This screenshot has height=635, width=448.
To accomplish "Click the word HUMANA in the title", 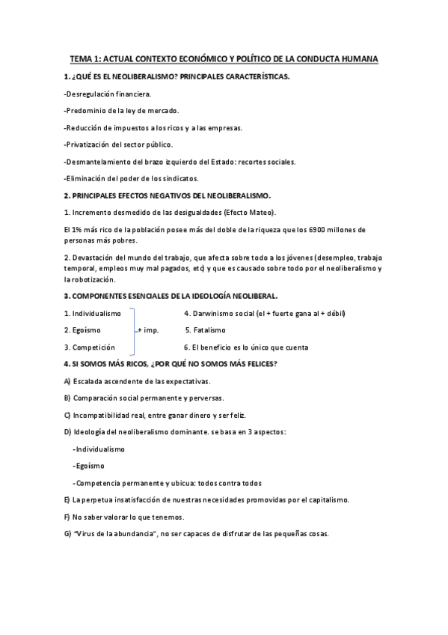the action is [x=357, y=58].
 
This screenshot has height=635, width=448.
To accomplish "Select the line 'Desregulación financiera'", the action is [x=108, y=94].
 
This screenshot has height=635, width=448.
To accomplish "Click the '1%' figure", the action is [x=74, y=228].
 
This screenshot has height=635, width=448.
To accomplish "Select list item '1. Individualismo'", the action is [x=93, y=313].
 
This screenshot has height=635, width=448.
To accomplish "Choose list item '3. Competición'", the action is [x=89, y=347].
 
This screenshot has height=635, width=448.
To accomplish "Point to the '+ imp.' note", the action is [x=148, y=330].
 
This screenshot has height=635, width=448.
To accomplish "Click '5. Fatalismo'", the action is [x=205, y=330].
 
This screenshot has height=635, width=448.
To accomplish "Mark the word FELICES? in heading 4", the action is [x=259, y=364].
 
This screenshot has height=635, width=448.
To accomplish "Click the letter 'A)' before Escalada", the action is [x=67, y=381].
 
